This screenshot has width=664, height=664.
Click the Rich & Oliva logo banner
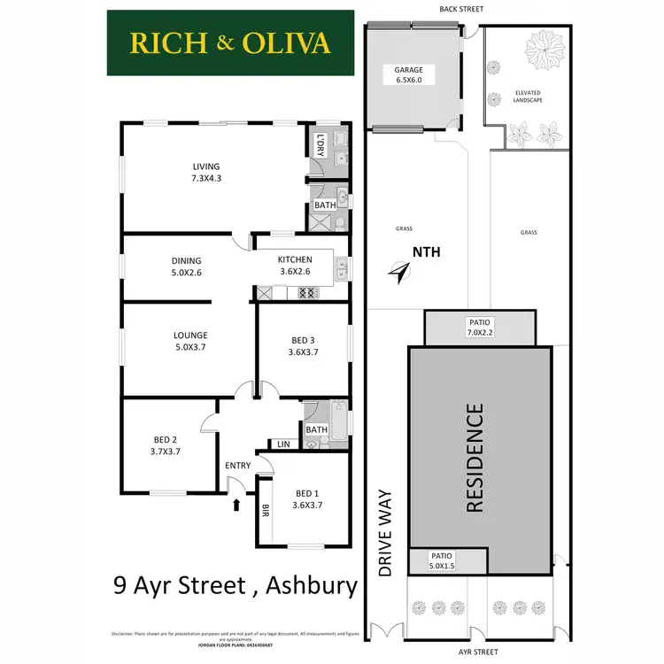pyautogui.click(x=230, y=42)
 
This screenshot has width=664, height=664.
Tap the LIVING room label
pyautogui.click(x=206, y=173)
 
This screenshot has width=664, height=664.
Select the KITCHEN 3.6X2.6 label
pyautogui.click(x=295, y=265)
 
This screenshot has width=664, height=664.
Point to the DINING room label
pyautogui.click(x=187, y=266)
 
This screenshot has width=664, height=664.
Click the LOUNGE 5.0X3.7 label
pyautogui.click(x=191, y=341)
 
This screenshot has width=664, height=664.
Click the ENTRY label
pyautogui.click(x=238, y=466)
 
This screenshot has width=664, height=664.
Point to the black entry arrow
pyautogui.click(x=236, y=506)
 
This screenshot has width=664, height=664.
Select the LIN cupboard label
pyautogui.click(x=283, y=444)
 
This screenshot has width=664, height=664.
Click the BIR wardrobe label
pyautogui.click(x=265, y=509)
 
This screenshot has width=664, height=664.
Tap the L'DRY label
pyautogui.click(x=321, y=144)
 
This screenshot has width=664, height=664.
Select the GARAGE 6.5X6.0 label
pyautogui.click(x=409, y=74)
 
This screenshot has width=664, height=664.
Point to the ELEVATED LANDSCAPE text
pyautogui.click(x=528, y=97)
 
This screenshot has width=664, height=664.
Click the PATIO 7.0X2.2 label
pyautogui.click(x=481, y=328)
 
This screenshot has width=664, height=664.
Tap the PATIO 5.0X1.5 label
pyautogui.click(x=442, y=560)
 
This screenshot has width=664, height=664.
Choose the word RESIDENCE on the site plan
pyautogui.click(x=475, y=459)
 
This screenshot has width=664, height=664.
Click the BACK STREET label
pyautogui.click(x=462, y=11)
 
